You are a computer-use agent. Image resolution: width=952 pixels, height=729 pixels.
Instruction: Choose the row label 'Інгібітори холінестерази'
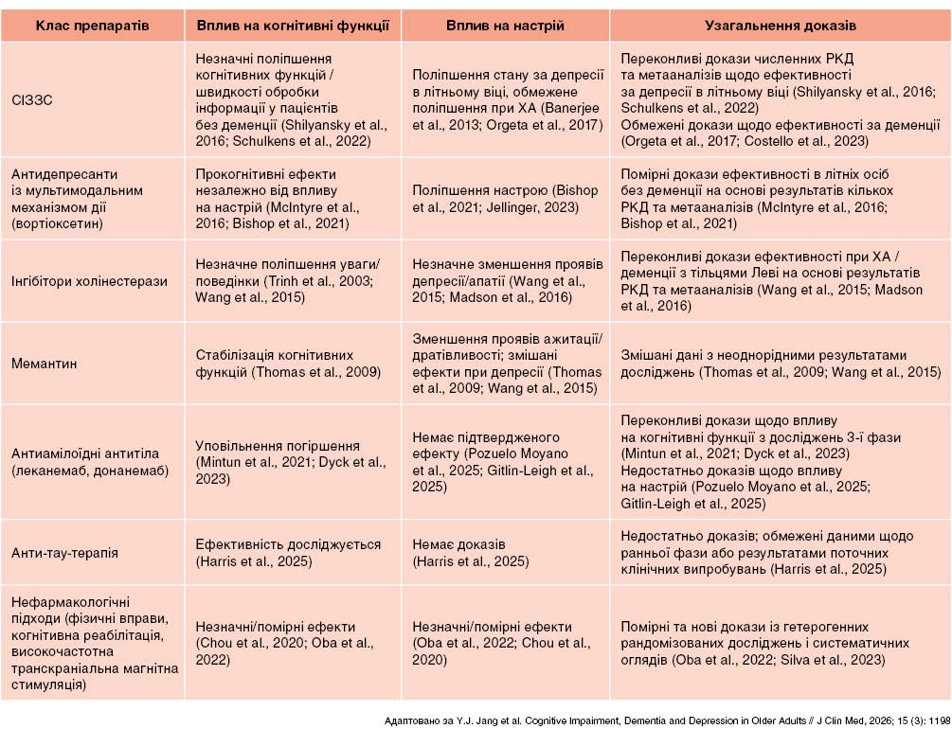(89, 281)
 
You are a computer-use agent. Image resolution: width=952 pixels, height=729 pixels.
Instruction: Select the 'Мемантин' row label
(45, 363)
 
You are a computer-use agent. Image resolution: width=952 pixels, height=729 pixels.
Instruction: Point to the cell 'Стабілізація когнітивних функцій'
(288, 363)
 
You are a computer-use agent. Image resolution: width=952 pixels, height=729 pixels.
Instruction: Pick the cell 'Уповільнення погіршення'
(278, 446)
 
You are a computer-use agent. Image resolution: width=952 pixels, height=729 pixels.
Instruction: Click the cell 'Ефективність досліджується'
(288, 544)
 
